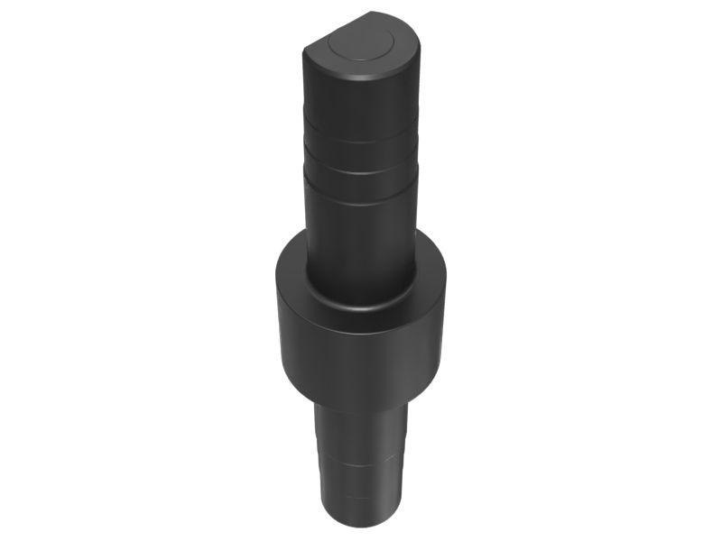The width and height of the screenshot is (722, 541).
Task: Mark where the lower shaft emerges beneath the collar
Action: coord(360,410)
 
